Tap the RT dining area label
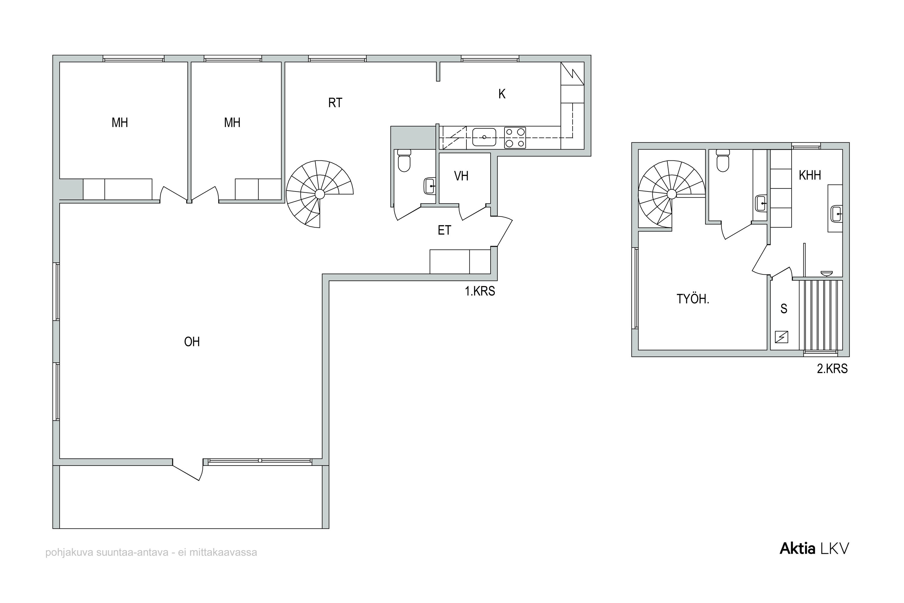point(335,103)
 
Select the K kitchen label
point(502,94)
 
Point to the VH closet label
point(461,176)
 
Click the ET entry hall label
point(444,230)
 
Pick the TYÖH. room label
point(692,299)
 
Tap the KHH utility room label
point(810,175)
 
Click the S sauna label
point(784,308)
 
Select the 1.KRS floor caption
point(480,291)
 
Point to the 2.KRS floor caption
point(832,369)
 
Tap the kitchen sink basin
point(484,137)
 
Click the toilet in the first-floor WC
point(404,161)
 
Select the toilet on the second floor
point(723,161)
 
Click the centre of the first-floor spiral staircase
point(319,194)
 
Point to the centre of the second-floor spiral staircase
point(671,194)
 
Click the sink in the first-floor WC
point(429,186)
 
